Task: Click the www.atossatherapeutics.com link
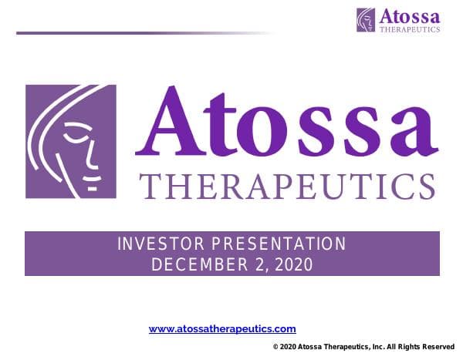[221, 329]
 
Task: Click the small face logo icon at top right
[366, 19]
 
